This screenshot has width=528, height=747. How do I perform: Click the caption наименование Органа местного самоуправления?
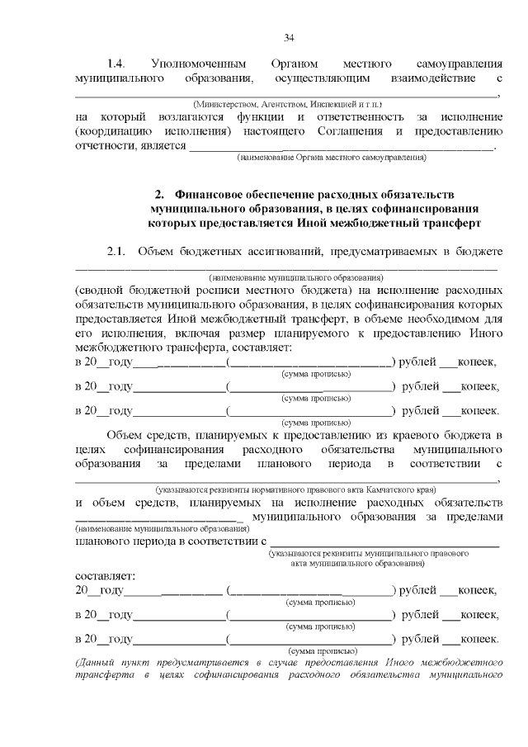pos(332,156)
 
